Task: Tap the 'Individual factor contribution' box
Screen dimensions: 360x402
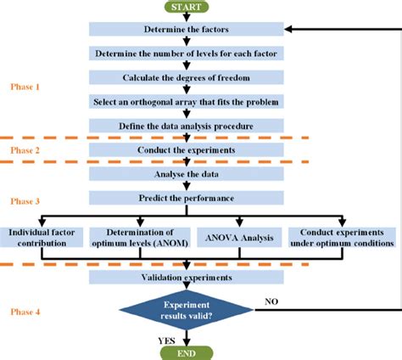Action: click(x=42, y=237)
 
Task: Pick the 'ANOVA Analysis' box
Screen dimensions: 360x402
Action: click(x=237, y=237)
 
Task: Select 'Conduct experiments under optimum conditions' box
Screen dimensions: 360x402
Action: click(x=341, y=237)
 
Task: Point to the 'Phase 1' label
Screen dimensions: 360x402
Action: click(x=25, y=87)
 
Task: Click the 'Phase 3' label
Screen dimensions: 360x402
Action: click(x=25, y=201)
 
